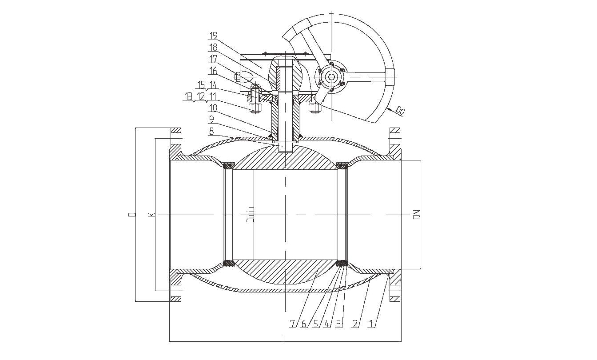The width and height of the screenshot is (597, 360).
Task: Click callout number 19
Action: pyautogui.click(x=213, y=36)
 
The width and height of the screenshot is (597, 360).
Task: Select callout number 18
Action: pyautogui.click(x=213, y=48)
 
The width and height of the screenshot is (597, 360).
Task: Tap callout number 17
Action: pyautogui.click(x=213, y=59)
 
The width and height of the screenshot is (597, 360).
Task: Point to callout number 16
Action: pyautogui.click(x=213, y=71)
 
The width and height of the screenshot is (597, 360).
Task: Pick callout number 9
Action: pyautogui.click(x=211, y=120)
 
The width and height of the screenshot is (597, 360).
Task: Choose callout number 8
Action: pyautogui.click(x=211, y=131)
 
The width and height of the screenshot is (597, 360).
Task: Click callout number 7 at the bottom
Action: pyautogui.click(x=292, y=324)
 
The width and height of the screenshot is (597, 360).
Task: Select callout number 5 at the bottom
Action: pyautogui.click(x=315, y=324)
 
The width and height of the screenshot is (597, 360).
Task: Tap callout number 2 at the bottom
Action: pyautogui.click(x=355, y=324)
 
